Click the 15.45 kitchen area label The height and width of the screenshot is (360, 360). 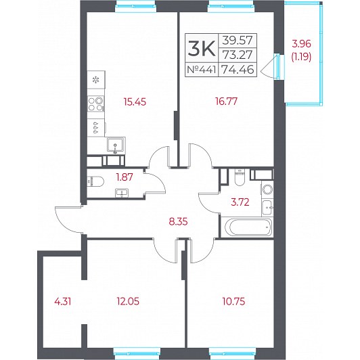pos(135,102)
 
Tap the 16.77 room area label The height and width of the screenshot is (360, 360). pos(227,101)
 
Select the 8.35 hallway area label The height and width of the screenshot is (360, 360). pos(178,222)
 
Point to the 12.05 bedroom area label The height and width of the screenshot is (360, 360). pos(128,301)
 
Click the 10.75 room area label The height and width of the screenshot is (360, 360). pos(233,301)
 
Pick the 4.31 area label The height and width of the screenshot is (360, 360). pos(63,301)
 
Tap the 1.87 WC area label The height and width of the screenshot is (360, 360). pos(125,177)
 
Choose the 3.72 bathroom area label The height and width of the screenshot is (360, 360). pos(240,202)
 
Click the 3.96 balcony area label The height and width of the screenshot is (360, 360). pos(301,43)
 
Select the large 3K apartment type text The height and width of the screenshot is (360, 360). pos(202,48)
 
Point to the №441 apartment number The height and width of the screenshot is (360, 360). pos(202,69)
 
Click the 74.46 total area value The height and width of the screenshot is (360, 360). pos(237,69)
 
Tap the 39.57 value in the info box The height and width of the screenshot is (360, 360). pos(238,41)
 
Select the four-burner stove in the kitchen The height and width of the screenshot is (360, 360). pos(96,104)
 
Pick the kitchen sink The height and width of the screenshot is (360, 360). pos(116,145)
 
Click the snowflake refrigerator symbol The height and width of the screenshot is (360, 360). pos(95,80)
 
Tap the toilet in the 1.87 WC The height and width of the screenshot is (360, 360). pos(95,181)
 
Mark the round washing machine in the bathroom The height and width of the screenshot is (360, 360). pos(267,190)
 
